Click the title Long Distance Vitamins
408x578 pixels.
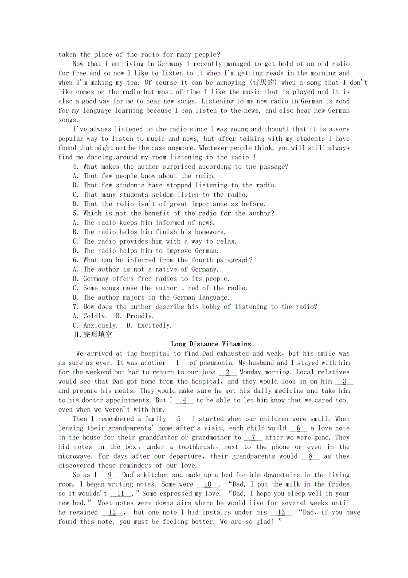211,344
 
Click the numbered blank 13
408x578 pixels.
282,512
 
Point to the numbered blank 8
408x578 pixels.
310,456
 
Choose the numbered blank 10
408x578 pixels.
208,484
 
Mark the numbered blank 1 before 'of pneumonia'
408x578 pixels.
177,363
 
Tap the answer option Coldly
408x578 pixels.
95,316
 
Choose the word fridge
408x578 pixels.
338,484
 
